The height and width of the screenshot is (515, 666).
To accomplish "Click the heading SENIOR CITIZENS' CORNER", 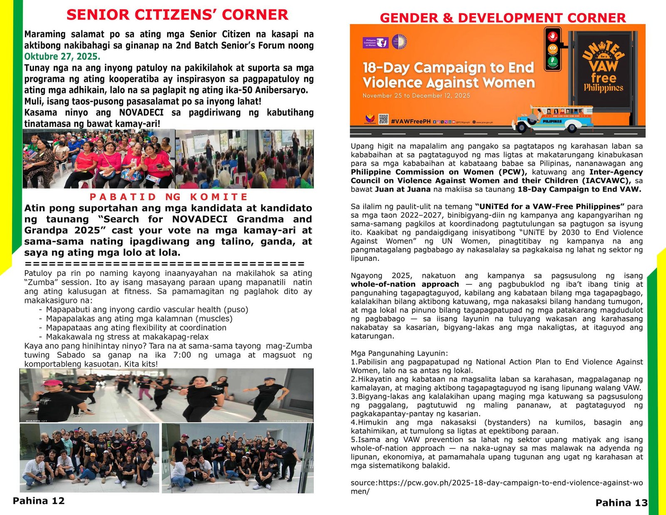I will click(177, 15).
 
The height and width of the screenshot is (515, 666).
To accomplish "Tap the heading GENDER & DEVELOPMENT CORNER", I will click(502, 18).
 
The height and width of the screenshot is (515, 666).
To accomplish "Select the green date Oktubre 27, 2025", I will click(62, 57).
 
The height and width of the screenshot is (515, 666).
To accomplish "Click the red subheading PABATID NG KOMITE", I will click(169, 197).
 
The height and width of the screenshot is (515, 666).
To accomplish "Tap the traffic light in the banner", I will click(552, 49).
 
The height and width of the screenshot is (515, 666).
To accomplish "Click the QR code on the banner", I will click(383, 119).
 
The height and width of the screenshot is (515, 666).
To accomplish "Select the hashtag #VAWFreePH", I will click(410, 121).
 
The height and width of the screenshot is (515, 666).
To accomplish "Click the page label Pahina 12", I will click(39, 500).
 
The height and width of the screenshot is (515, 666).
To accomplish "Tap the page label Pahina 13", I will click(621, 503).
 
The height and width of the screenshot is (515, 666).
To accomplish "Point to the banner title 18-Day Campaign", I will click(448, 75).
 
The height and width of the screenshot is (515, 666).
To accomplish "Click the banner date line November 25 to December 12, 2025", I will click(416, 95).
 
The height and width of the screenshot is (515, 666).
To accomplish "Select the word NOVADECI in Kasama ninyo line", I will click(141, 113).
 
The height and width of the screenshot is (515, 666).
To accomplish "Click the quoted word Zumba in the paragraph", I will click(37, 282).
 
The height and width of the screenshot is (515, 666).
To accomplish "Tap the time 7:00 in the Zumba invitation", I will click(182, 355).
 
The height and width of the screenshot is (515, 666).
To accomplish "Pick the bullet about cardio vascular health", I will click(147, 309).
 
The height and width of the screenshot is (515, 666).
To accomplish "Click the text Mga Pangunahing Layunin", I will click(399, 353).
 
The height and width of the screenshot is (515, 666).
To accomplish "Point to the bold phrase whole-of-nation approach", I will click(405, 284).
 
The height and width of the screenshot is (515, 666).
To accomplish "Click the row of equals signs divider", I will click(165, 264).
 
